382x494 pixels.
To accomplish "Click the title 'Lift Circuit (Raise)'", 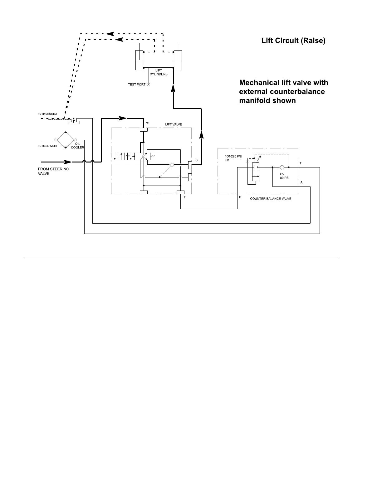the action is (x=293, y=41).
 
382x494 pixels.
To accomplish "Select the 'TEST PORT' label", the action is (x=136, y=85).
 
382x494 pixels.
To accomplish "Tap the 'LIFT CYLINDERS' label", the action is (x=159, y=72).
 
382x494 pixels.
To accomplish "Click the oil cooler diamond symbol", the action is (x=66, y=140).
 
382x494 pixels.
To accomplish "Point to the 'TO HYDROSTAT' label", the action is (x=47, y=114).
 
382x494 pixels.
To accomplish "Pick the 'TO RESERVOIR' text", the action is (x=47, y=146).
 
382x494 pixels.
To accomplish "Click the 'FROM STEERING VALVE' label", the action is (x=53, y=171).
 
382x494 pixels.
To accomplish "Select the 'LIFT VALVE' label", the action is (x=174, y=124).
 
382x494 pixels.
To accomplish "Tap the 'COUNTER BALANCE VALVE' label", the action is (x=271, y=199).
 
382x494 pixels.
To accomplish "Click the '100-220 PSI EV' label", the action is (x=233, y=158).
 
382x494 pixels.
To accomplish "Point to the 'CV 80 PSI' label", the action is (x=285, y=176).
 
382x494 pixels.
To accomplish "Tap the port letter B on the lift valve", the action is (x=197, y=160).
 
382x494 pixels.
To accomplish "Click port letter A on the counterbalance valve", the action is (x=301, y=182).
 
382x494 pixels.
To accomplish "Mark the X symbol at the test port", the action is (x=148, y=85).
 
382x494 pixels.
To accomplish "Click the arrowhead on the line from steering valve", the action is (x=68, y=162).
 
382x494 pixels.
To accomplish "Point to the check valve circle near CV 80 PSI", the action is (x=282, y=167).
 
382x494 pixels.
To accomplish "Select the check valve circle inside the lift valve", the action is (x=172, y=165).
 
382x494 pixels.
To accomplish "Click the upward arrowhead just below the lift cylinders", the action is (x=173, y=88).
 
